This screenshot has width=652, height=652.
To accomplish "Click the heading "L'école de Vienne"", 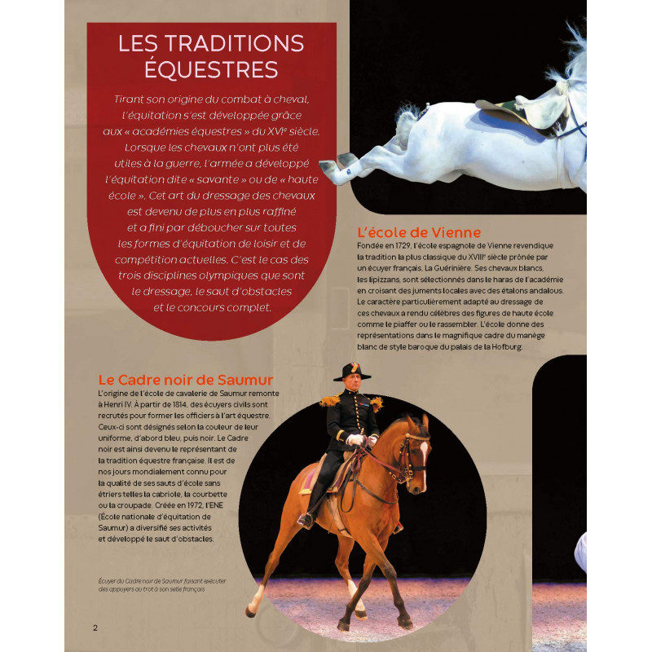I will [419, 232].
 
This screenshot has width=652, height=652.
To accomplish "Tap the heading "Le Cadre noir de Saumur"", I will [185, 380].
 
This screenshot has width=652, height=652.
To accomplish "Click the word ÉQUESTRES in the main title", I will [211, 69].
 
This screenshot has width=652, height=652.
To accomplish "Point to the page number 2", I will [95, 628].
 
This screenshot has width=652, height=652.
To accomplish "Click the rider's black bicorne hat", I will [352, 372].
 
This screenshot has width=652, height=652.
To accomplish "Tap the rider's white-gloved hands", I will [356, 439].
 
